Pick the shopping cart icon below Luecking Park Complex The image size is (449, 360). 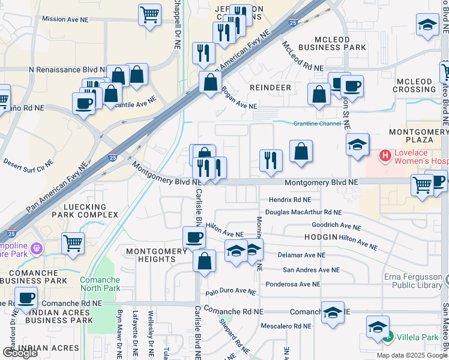73,244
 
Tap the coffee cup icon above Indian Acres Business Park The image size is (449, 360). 26,298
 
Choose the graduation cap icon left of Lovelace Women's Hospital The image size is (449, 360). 357,145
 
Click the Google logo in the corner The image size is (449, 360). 20,352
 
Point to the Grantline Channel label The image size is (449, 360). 317,124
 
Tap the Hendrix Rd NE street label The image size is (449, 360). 290,200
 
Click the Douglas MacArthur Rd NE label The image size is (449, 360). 303,212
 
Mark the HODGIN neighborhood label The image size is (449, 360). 321,238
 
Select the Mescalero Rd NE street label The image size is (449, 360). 286,326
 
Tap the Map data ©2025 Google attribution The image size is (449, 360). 412,355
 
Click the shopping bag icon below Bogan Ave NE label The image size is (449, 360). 318,95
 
